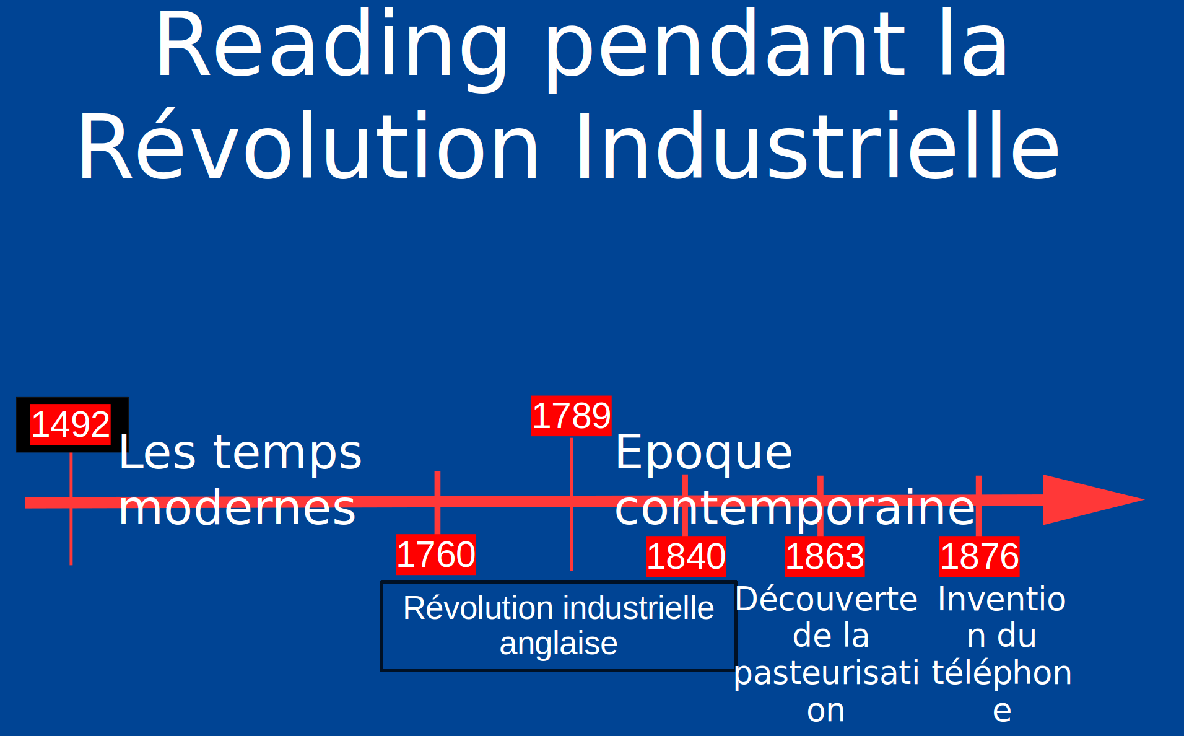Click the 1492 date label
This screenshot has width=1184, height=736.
(x=71, y=424)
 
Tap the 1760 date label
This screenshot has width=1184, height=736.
(x=436, y=554)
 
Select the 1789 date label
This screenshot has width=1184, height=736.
(x=571, y=416)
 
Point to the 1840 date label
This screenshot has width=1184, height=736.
(x=686, y=556)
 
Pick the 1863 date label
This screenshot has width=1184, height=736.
(x=825, y=556)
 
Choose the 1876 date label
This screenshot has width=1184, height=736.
(x=979, y=556)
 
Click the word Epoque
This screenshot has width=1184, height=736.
(x=703, y=452)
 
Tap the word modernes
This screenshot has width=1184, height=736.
(x=237, y=508)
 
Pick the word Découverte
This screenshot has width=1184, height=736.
(x=826, y=599)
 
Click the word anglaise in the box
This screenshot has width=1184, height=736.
(x=559, y=644)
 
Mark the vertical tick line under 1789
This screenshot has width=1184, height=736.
(x=572, y=504)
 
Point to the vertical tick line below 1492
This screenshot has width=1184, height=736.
(x=71, y=508)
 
